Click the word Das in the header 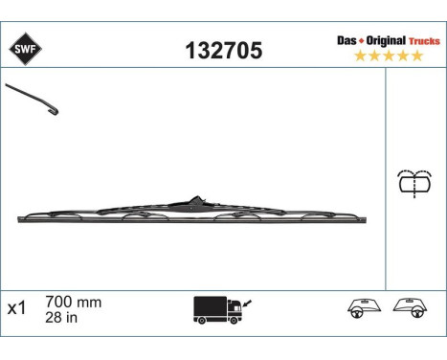[347, 41]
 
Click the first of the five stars [360, 56]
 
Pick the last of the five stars [417, 56]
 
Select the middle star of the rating [389, 56]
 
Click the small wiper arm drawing [34, 100]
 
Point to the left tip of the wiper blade [20, 222]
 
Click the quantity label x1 [15, 309]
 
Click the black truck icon [215, 309]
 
